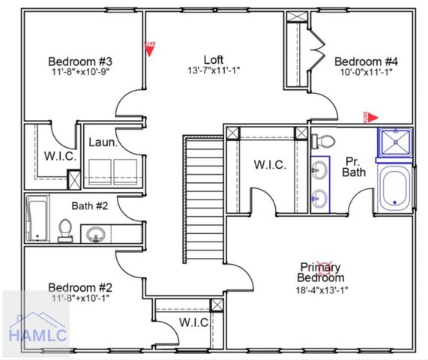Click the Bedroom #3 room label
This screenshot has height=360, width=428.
click(80, 61)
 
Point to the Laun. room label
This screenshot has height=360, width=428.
click(101, 142)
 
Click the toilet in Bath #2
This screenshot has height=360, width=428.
click(65, 229)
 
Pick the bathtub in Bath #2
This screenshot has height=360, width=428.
click(35, 219)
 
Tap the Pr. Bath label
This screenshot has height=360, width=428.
click(354, 166)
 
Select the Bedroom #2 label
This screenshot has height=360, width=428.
click(80, 287)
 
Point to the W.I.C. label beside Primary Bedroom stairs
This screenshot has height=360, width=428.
click(269, 165)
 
